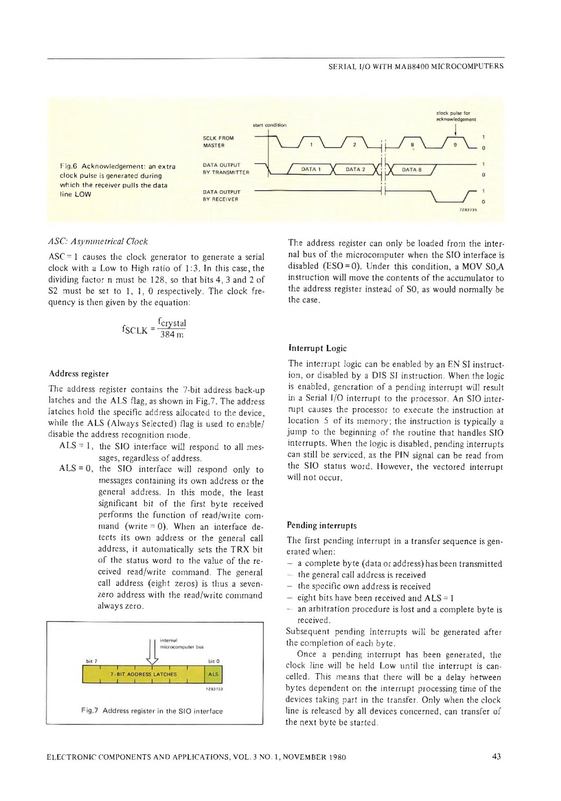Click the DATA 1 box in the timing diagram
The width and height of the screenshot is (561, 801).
coord(310,169)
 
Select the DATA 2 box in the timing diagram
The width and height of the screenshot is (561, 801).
coord(355,169)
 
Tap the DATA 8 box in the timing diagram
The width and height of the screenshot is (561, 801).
coord(411,169)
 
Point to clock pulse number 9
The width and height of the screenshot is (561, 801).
coord(455,144)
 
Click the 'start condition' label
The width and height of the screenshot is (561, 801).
coord(270,125)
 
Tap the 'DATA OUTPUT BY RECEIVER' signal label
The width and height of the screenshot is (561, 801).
coord(221,195)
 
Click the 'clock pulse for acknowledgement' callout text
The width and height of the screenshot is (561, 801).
coord(456,116)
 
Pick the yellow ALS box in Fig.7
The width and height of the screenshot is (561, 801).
coord(213,674)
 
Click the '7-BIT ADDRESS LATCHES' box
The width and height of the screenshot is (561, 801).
coord(143,674)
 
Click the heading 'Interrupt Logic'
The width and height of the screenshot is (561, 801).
coord(317,348)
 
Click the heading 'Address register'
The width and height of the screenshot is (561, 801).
coord(79,374)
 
